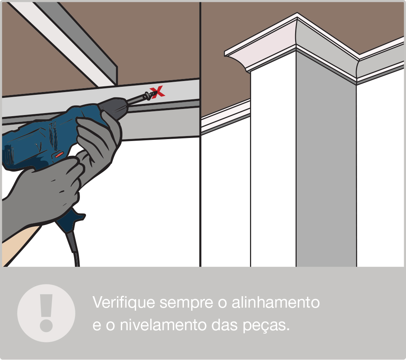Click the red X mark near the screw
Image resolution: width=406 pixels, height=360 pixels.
tap(158, 91)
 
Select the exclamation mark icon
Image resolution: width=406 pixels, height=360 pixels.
tap(46, 313)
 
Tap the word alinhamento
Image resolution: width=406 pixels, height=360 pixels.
tap(275, 302)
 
